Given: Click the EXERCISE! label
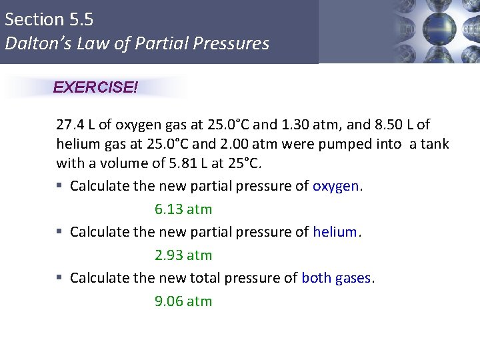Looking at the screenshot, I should tap(95, 87).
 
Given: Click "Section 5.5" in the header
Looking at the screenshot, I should tap(49, 19).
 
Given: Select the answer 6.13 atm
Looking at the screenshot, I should tap(183, 209).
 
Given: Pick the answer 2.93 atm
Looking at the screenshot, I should tap(183, 255).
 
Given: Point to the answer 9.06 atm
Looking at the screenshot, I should tap(183, 301).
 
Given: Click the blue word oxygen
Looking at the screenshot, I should tap(336, 187).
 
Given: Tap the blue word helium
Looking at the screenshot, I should tap(335, 232).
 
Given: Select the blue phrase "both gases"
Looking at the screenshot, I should tap(336, 278).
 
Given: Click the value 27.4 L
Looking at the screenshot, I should tap(77, 125).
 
